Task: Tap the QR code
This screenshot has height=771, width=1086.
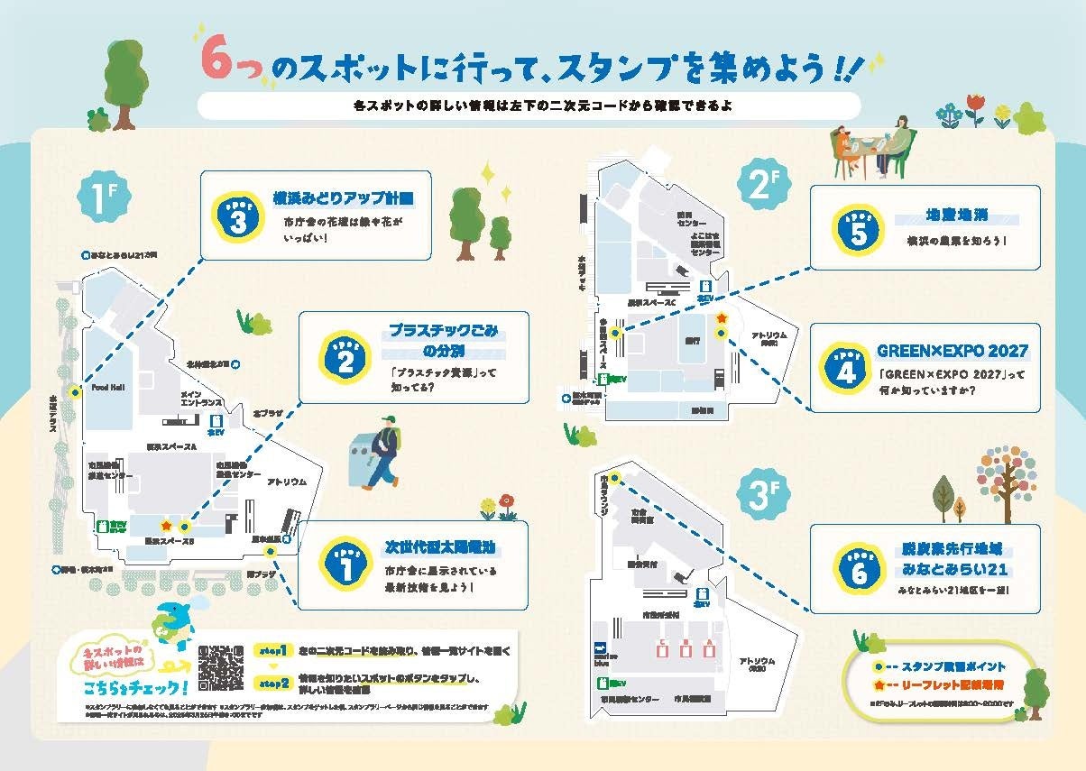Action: pyautogui.click(x=221, y=668)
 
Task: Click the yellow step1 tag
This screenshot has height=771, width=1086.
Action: pyautogui.click(x=272, y=650)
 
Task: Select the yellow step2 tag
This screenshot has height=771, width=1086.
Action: pyautogui.click(x=272, y=683)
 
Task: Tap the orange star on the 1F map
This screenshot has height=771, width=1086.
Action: pyautogui.click(x=165, y=525)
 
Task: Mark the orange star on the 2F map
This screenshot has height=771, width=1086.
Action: pyautogui.click(x=721, y=318)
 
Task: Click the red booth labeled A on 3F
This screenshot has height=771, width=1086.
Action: pyautogui.click(x=710, y=647)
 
